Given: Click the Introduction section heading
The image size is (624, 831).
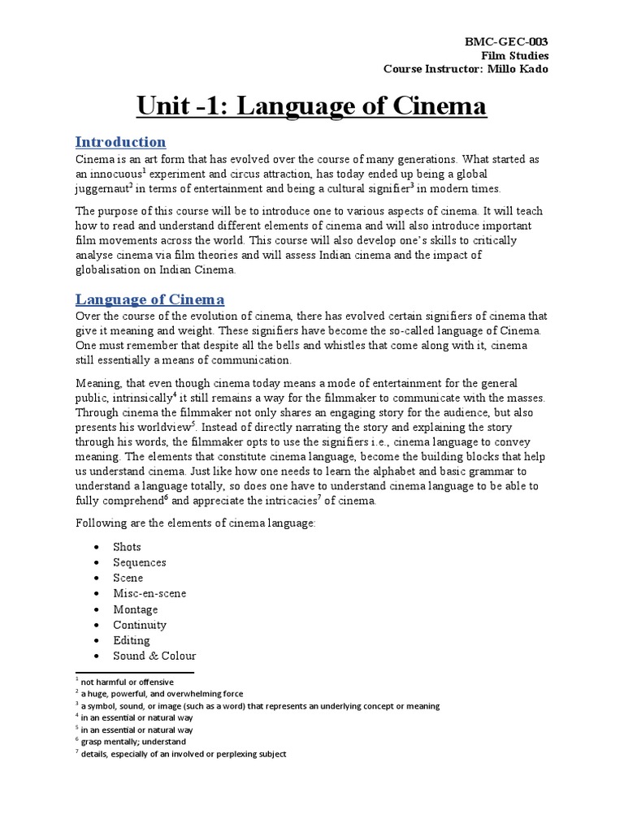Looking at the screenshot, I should [x=120, y=142].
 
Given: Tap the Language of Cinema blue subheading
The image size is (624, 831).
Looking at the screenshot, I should [x=149, y=299].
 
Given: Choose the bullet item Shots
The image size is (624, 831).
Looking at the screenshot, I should [x=127, y=547].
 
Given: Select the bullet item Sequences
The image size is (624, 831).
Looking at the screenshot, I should [x=140, y=562].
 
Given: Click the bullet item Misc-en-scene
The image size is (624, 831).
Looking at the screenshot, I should [x=149, y=593].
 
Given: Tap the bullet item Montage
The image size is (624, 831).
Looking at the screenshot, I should [x=136, y=609].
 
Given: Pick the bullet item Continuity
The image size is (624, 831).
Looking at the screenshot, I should [x=140, y=625].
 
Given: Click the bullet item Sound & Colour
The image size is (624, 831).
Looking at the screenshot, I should [x=154, y=656].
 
